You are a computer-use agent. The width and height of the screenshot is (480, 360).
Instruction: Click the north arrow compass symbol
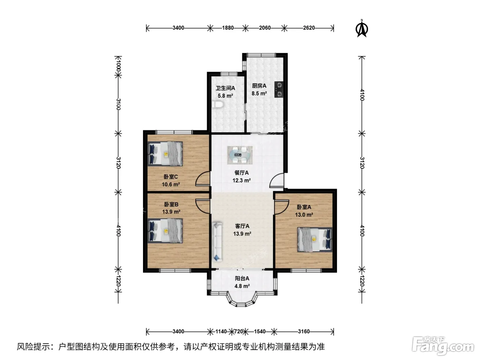(x=362, y=28)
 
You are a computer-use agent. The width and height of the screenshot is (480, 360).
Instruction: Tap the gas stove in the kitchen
(x=279, y=89)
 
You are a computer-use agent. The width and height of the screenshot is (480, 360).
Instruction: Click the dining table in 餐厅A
(x=240, y=155)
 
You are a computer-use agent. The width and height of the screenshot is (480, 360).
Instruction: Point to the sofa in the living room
(x=217, y=242)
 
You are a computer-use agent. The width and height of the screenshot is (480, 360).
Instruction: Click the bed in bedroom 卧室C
(x=165, y=154)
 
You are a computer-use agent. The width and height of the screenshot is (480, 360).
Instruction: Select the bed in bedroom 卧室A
(x=315, y=240)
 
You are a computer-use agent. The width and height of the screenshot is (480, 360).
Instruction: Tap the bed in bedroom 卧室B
(x=165, y=231)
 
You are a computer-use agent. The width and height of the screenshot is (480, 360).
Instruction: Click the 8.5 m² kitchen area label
(x=259, y=94)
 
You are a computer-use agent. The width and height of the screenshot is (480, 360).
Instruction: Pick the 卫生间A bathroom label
(x=225, y=88)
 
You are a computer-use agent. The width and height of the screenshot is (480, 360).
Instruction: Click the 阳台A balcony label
(x=242, y=278)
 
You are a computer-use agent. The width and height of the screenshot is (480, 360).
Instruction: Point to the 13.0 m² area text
(x=304, y=215)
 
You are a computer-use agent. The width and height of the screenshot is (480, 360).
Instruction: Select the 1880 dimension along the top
(x=228, y=28)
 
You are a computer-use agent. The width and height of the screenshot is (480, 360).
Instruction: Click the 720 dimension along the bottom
(x=239, y=332)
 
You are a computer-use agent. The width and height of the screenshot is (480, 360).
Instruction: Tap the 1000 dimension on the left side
(x=118, y=65)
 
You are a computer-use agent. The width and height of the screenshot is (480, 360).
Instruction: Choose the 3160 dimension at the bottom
(x=304, y=332)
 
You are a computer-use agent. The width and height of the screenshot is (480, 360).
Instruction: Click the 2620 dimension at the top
(x=309, y=28)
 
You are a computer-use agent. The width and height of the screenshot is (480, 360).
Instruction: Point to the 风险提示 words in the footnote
(x=33, y=347)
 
